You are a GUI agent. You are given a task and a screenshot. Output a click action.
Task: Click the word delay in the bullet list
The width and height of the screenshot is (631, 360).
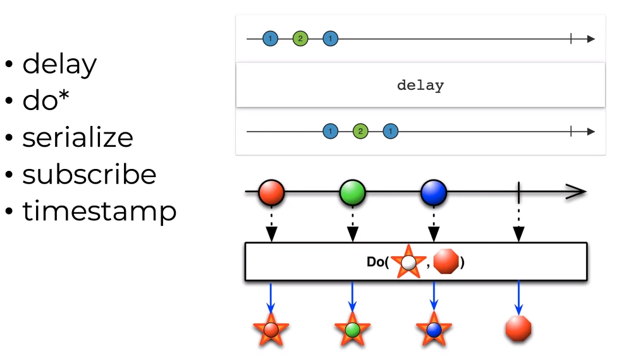click(x=59, y=65)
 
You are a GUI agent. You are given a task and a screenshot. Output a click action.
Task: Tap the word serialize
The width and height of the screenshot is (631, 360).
click(x=78, y=138)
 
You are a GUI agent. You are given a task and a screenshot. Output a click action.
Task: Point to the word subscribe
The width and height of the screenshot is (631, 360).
click(x=89, y=175)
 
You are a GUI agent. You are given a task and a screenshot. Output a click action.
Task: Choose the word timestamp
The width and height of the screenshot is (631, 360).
click(x=99, y=211)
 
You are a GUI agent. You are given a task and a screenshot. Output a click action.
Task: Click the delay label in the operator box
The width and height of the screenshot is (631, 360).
click(x=420, y=85)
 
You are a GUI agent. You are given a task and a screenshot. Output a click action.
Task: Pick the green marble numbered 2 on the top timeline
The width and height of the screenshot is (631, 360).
click(x=300, y=39)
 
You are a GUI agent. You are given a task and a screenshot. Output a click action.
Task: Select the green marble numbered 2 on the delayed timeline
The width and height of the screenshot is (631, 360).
click(x=360, y=132)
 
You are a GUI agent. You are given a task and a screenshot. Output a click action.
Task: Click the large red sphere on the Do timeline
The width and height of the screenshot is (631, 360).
click(x=271, y=192)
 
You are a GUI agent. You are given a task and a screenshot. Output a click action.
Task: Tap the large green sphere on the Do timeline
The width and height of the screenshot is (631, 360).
click(x=352, y=192)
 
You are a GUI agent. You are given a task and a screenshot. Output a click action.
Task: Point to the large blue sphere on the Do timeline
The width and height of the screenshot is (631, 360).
click(x=434, y=192)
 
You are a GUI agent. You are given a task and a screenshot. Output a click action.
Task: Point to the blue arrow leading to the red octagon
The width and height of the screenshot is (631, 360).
click(x=518, y=297)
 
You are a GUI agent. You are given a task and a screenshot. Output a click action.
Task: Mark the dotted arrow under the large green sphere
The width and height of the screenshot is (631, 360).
click(x=352, y=225)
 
